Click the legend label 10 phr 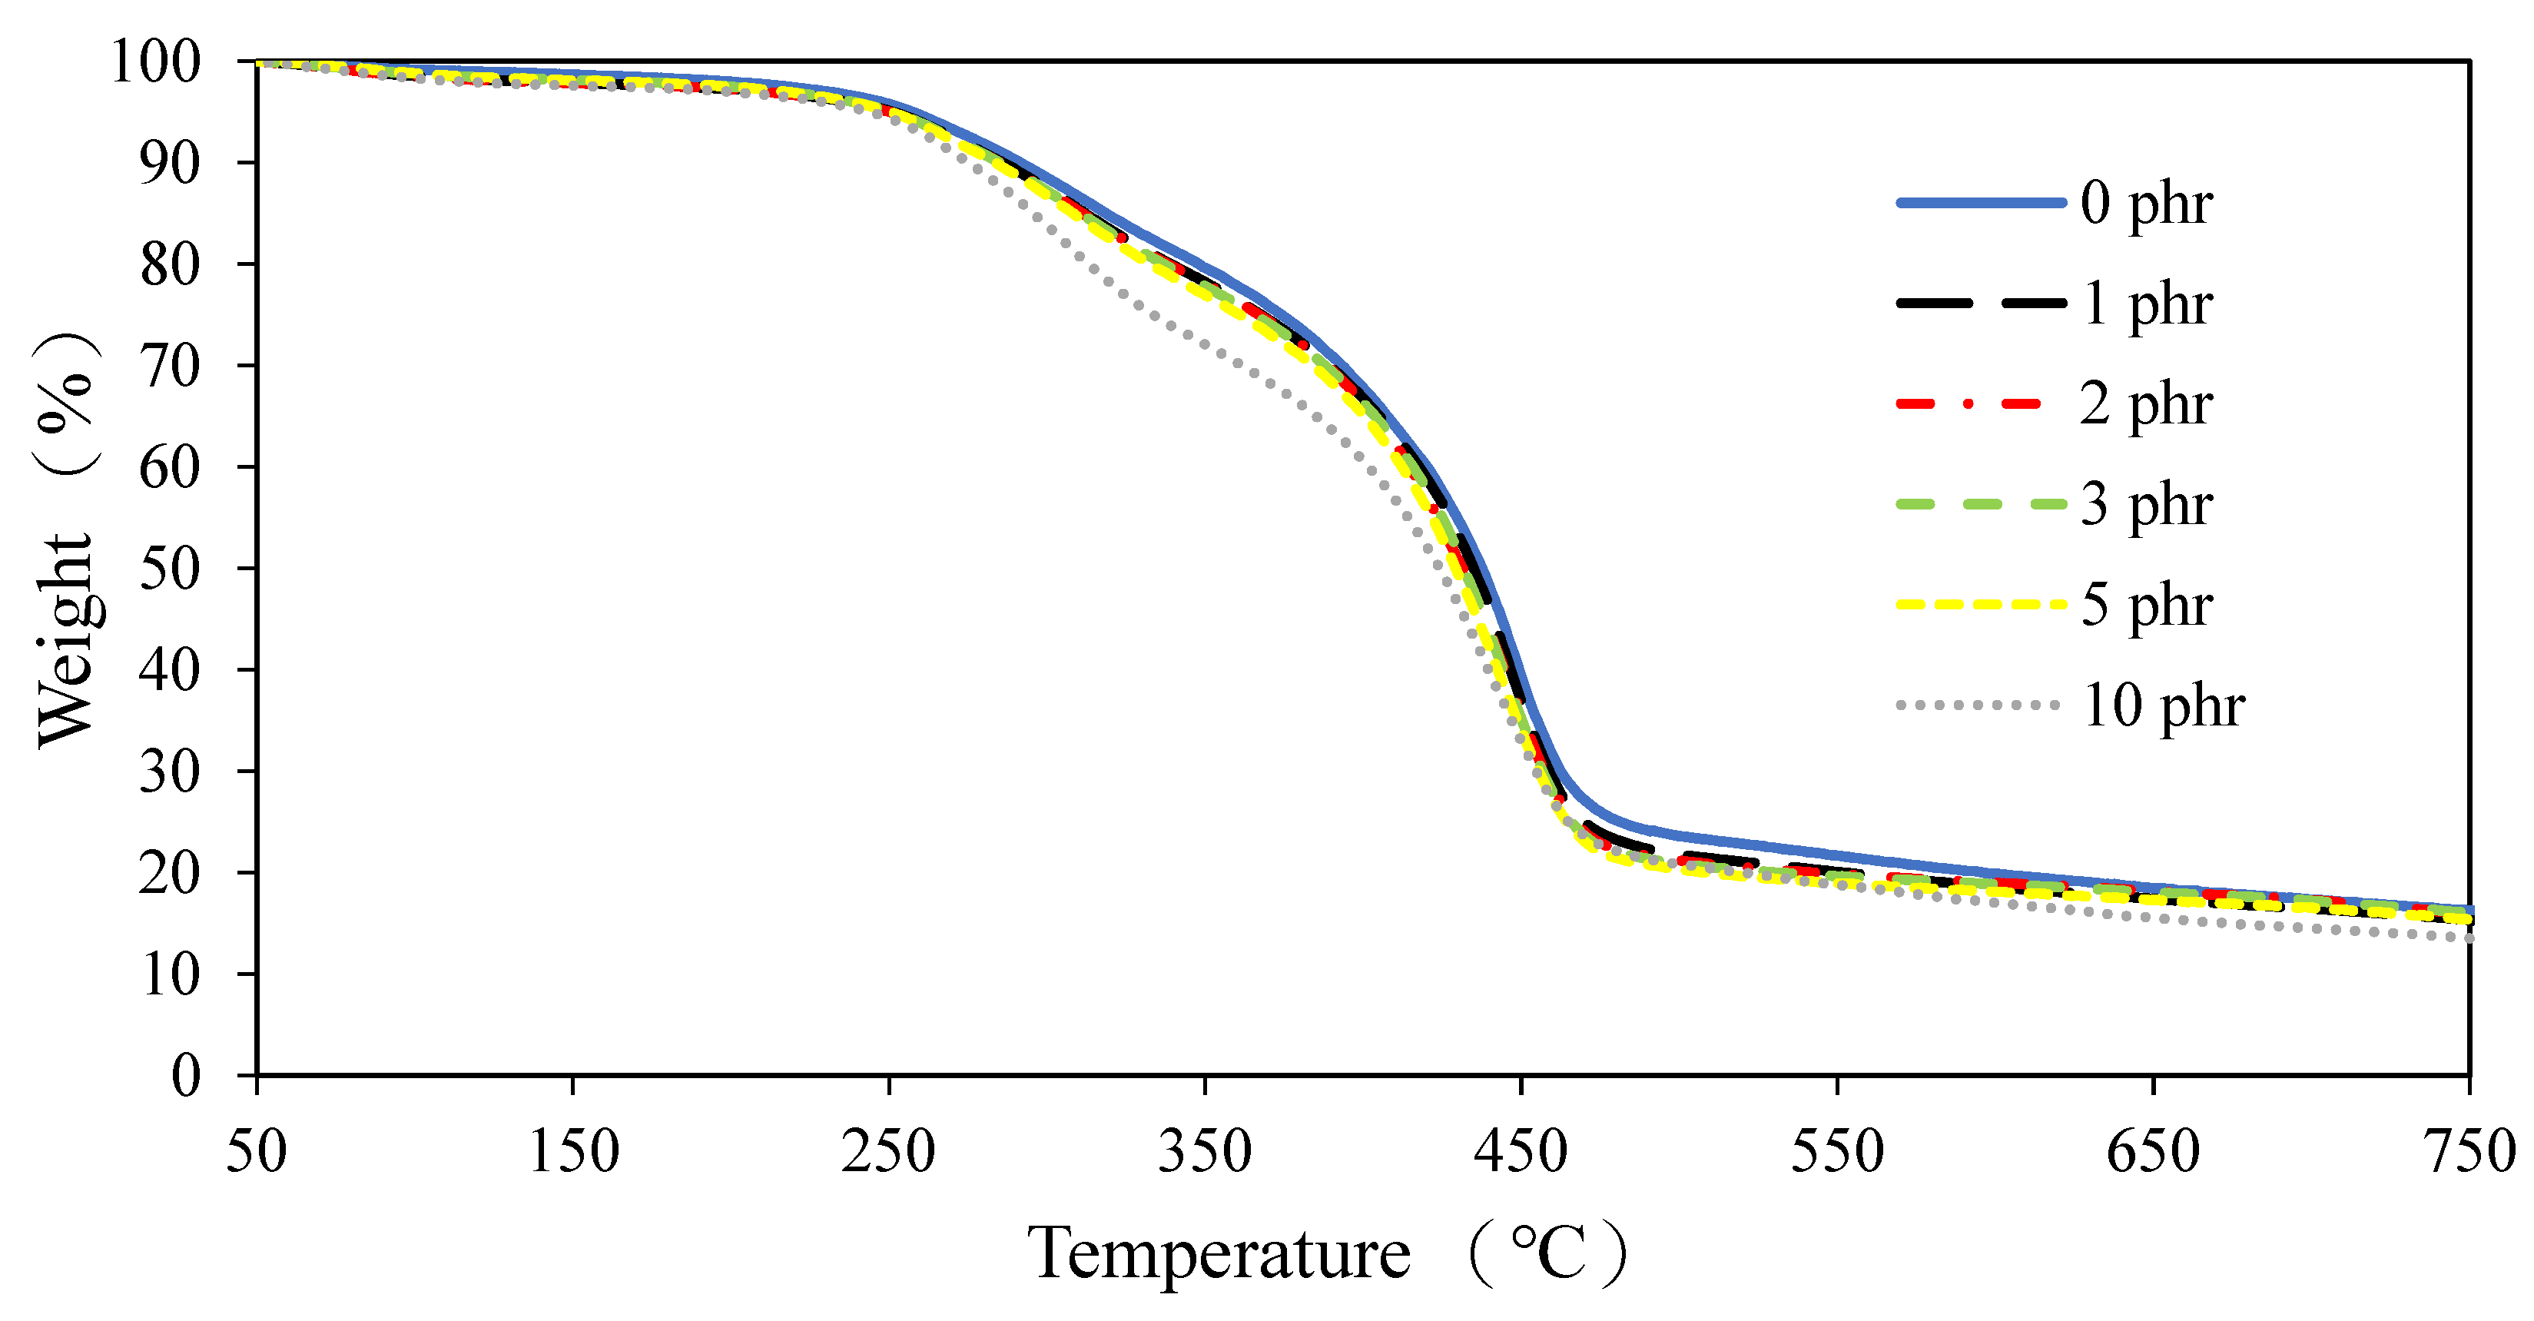[x=2163, y=705]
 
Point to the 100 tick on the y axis [x=155, y=62]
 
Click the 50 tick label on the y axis [x=169, y=569]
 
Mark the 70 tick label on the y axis [x=169, y=367]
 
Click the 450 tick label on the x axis [x=1520, y=1152]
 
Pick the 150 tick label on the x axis [x=573, y=1152]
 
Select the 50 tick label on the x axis [x=257, y=1152]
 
